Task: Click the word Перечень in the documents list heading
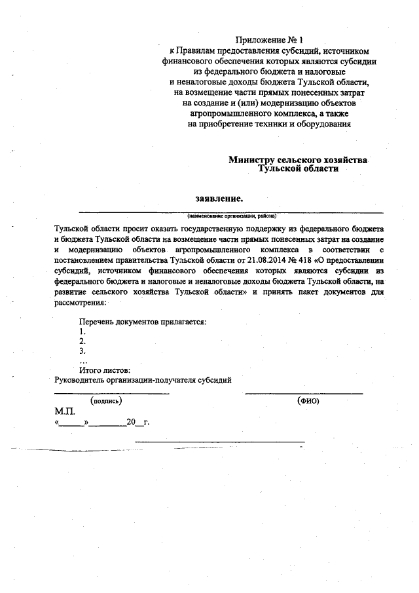tap(98, 322)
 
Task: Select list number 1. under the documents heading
tap(82, 332)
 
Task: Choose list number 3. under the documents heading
tap(82, 351)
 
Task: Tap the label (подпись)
tap(106, 400)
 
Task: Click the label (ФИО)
tap(307, 400)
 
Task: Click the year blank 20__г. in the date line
tap(137, 422)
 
